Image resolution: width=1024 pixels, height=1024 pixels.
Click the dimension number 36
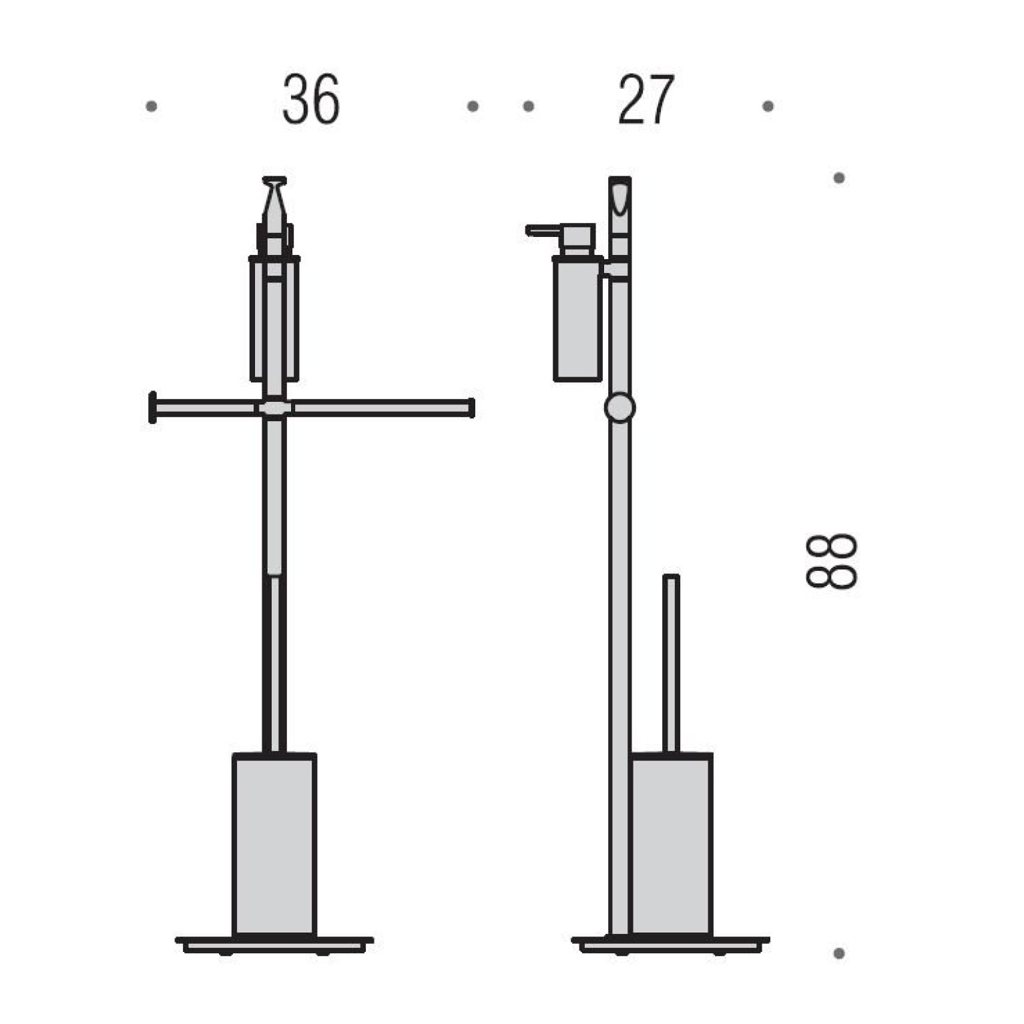[x=310, y=99]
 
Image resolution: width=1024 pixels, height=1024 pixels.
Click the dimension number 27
[x=646, y=99]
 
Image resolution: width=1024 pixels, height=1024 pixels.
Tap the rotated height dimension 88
[x=831, y=561]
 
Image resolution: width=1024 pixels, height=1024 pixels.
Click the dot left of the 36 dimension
[x=152, y=106]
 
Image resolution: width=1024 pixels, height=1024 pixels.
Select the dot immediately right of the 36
[x=473, y=106]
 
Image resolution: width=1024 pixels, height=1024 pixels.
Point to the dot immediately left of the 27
[x=529, y=106]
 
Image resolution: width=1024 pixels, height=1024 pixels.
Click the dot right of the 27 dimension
[x=768, y=106]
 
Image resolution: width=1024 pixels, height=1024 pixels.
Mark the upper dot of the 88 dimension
[x=839, y=178]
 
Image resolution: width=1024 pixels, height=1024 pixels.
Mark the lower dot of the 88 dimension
[x=839, y=953]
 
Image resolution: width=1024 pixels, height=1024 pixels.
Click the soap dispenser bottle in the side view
[x=578, y=318]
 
